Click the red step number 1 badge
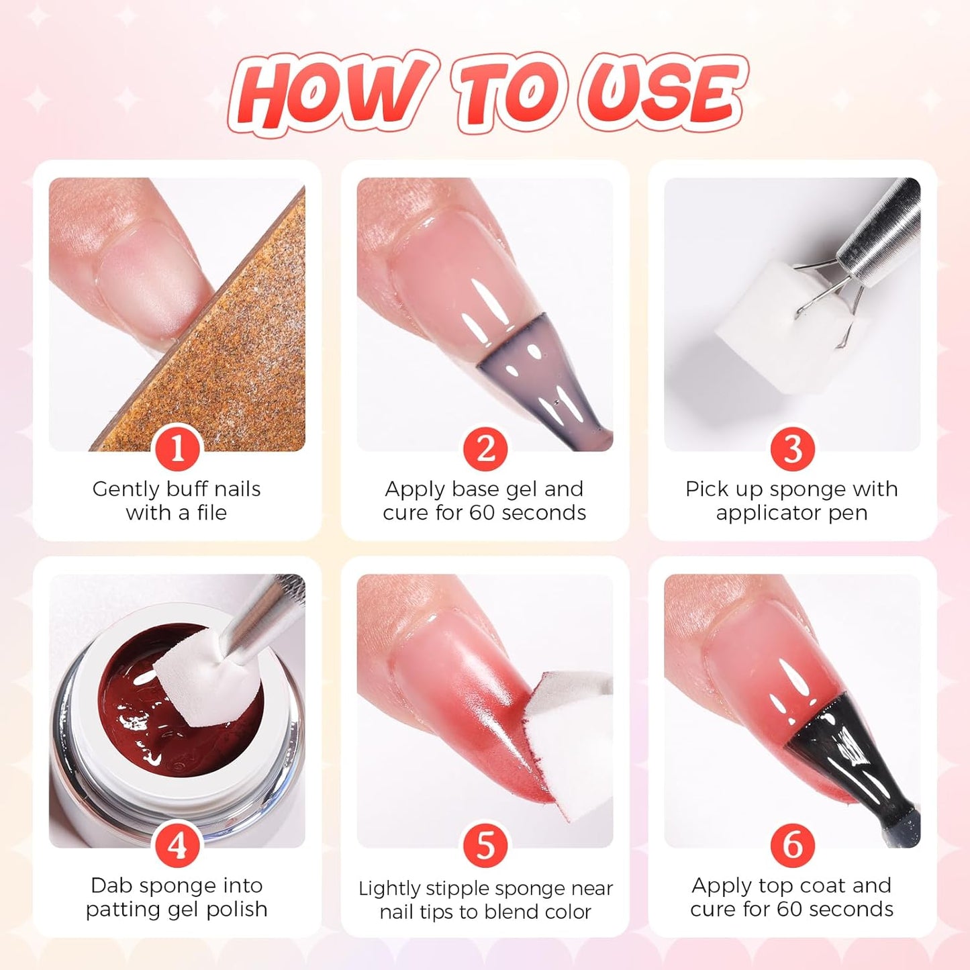(x=177, y=448)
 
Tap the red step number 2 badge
(x=485, y=448)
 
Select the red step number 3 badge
(x=792, y=448)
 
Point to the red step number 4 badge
(x=177, y=845)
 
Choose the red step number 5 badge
(x=485, y=845)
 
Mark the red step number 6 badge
(x=792, y=845)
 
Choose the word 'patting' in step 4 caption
(x=122, y=910)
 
